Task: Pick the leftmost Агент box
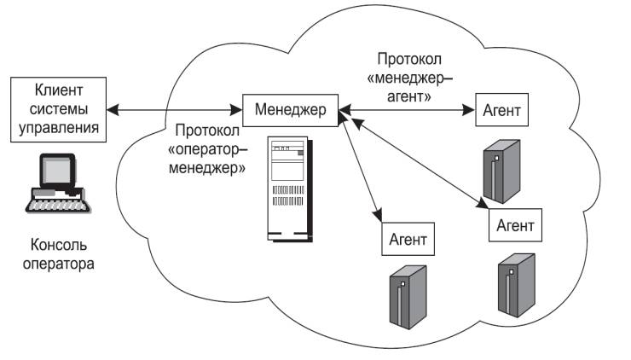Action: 408,236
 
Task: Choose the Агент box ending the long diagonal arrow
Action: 515,226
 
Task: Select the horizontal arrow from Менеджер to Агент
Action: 408,110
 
